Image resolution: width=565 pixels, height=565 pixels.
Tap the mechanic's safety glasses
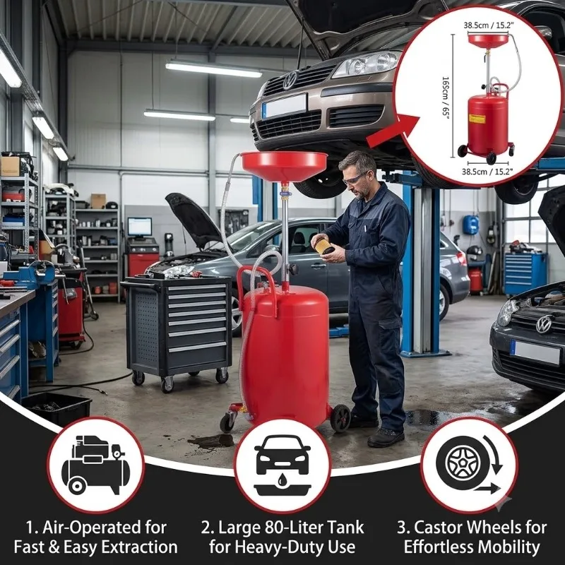355,178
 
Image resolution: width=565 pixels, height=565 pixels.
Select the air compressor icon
96,465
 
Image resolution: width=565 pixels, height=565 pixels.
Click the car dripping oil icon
282,465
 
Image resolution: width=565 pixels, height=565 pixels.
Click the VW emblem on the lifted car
290,80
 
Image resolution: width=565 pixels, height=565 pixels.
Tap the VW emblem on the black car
543,324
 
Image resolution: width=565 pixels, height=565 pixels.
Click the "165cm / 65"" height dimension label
446,97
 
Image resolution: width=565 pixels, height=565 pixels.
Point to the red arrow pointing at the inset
393,131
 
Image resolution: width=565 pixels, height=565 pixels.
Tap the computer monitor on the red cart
139,227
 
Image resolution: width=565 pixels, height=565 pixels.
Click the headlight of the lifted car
366,64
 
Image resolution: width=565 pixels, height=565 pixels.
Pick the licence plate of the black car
535,352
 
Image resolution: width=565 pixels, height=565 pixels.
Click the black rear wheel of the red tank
340,418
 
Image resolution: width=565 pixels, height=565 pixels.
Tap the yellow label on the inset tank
477,119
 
